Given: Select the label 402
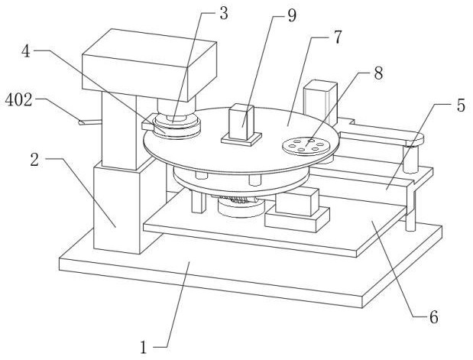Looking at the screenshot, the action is point(18,100).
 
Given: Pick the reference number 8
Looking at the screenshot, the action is point(377,73).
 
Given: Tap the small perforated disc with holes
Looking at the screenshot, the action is point(304,144).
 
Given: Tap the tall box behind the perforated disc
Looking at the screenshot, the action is point(317,99).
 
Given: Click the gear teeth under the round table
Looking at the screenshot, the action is point(238,204).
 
